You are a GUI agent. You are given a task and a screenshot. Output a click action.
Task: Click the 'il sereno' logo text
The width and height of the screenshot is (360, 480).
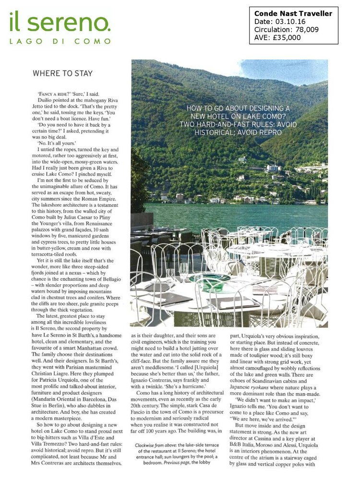[x=60, y=23]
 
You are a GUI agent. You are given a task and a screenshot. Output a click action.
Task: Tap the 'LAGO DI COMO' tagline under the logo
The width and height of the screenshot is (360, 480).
[x=60, y=41]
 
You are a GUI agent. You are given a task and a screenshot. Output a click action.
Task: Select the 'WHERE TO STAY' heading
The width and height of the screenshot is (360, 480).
[x=58, y=73]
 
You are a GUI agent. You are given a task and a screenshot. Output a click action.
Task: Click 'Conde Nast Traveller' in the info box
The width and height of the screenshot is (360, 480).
[x=293, y=13]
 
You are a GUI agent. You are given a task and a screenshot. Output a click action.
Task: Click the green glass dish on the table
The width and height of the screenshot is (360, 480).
[x=209, y=282]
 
